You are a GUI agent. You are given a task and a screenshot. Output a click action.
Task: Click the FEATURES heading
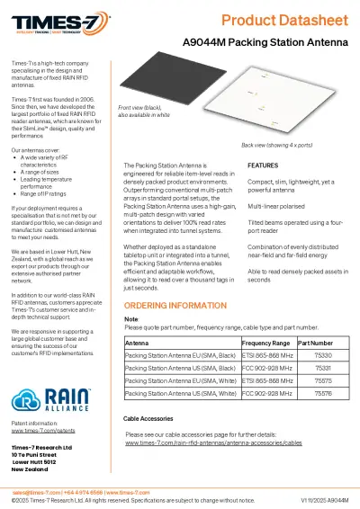coord(262,166)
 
